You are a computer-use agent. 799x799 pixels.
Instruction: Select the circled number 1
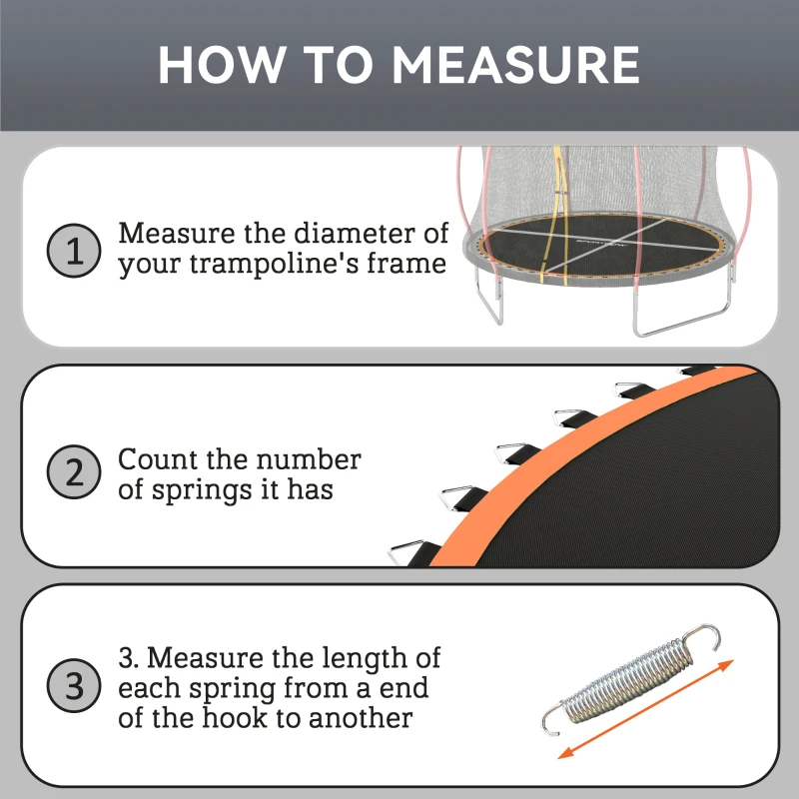74,250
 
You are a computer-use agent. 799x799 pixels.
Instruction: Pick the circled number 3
74,688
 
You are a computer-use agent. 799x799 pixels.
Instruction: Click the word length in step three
351,659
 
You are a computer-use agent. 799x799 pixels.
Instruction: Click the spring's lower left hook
552,717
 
